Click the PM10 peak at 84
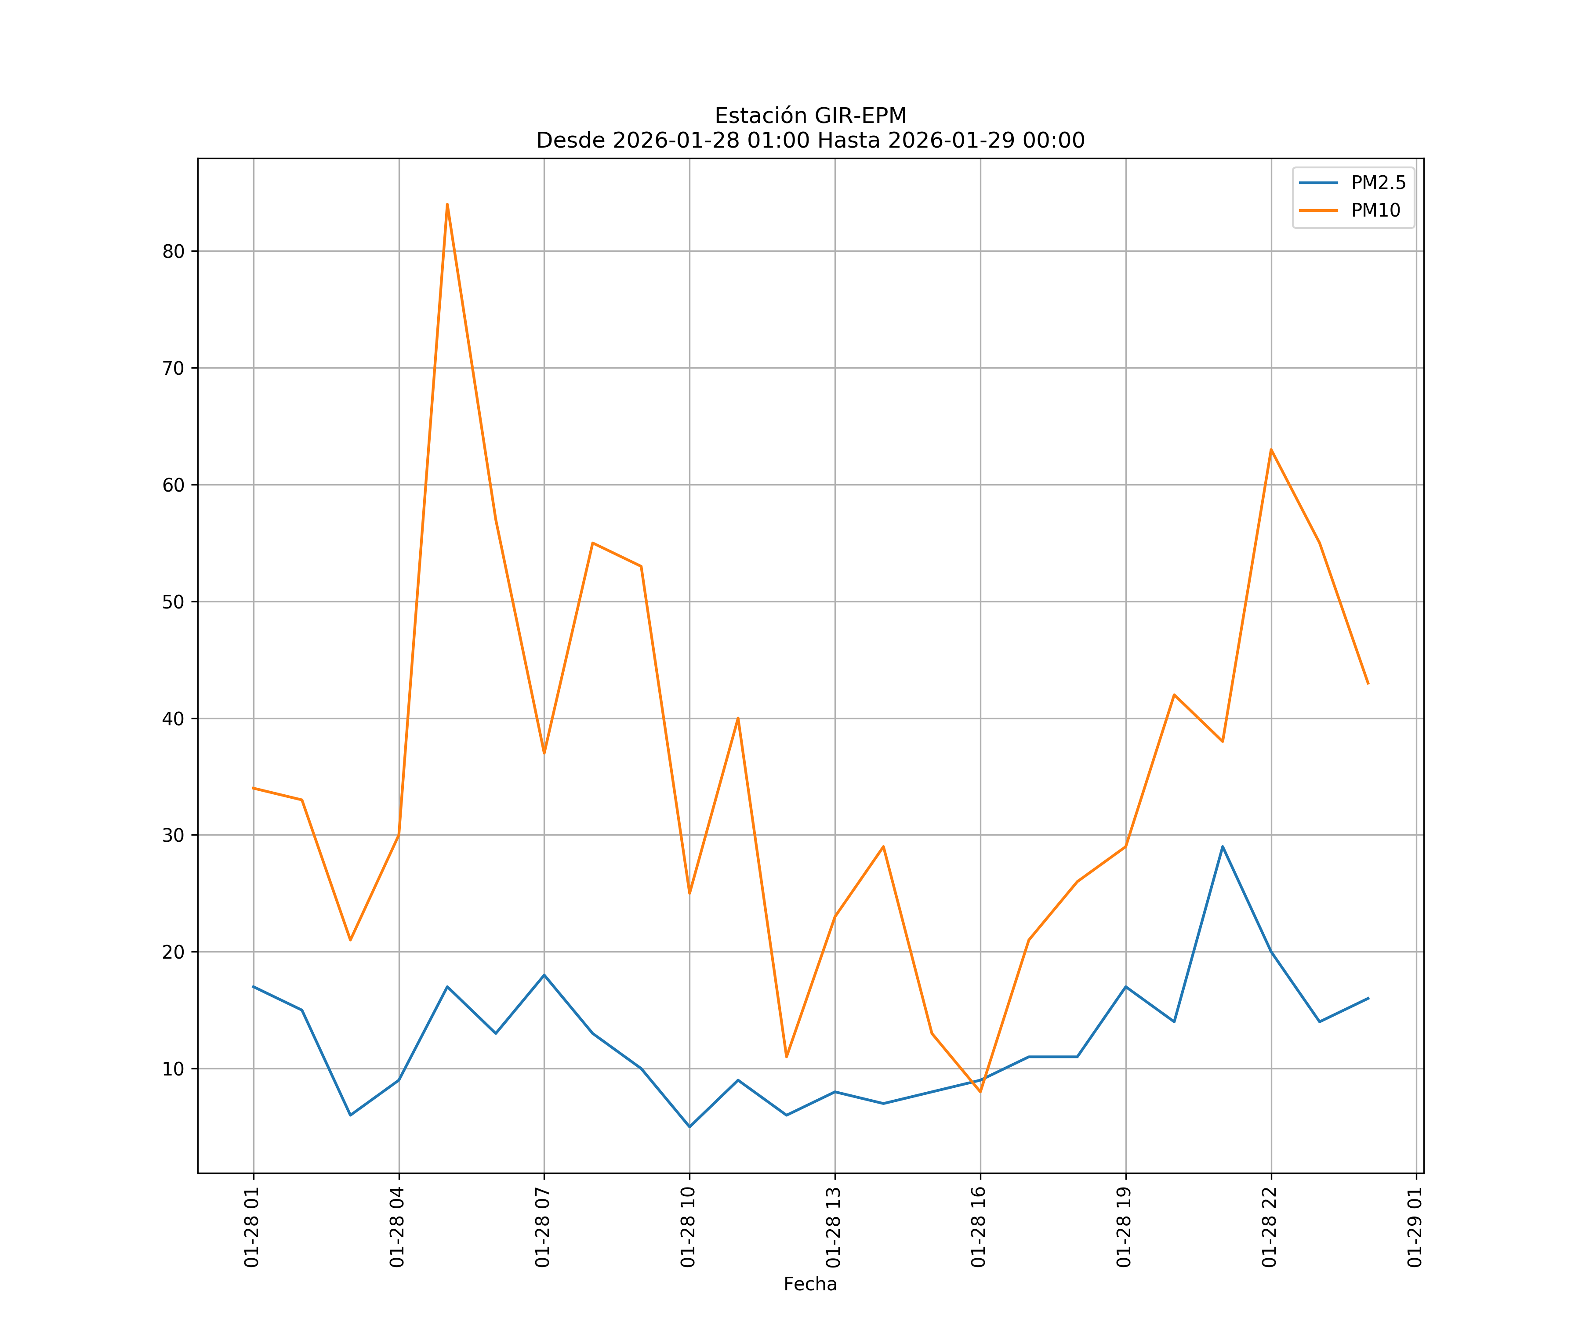click(447, 204)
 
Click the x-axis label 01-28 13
click(833, 1227)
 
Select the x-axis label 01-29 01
click(1415, 1227)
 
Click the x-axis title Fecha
click(810, 1284)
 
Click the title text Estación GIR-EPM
click(810, 116)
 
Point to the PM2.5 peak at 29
click(1223, 847)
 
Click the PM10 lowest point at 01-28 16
click(980, 1092)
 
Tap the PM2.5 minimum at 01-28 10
click(689, 1127)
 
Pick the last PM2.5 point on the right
click(1368, 998)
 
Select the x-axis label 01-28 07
click(542, 1227)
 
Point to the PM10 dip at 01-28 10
click(689, 893)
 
